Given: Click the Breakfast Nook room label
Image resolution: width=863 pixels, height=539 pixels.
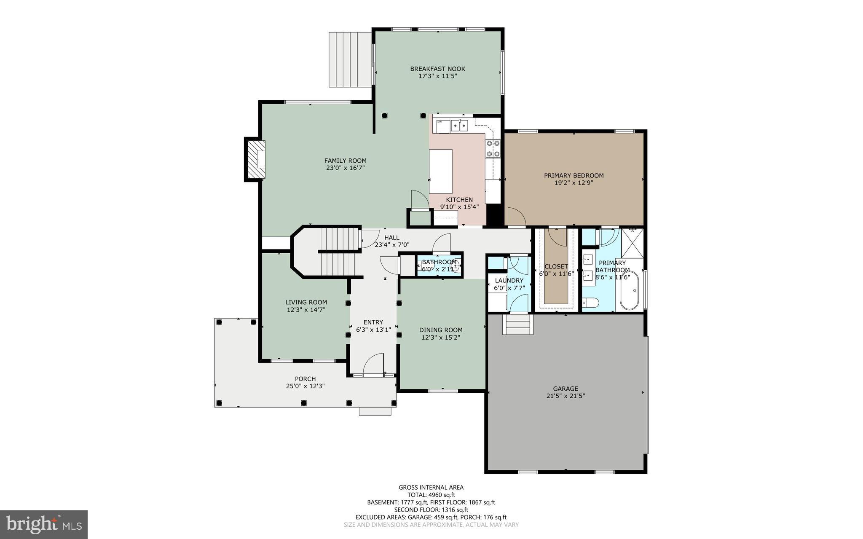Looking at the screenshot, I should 437,69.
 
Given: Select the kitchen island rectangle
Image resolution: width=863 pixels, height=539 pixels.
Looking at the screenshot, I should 440,171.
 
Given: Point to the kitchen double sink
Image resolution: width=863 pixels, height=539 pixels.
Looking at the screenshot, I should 459,126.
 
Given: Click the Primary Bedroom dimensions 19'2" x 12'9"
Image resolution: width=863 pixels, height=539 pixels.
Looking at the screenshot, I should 574,183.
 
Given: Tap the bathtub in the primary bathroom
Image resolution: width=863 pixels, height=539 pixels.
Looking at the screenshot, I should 630,291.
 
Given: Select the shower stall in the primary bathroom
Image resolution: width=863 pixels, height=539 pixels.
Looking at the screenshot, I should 633,243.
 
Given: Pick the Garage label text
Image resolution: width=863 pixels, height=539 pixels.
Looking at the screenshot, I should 566,389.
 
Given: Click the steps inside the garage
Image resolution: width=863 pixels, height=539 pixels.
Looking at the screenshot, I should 518,324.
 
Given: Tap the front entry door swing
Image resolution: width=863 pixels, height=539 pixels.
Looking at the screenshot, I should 374,365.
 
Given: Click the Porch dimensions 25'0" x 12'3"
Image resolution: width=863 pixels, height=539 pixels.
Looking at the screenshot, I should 305,386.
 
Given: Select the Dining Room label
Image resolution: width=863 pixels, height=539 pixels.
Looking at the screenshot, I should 440,330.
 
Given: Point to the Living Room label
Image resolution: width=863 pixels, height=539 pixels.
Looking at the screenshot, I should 306,302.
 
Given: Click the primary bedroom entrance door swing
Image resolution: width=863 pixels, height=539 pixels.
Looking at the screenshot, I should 516,217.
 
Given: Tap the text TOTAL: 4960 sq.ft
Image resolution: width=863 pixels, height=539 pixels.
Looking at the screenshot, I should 431,495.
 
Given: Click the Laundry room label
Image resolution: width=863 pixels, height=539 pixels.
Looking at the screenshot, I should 509,281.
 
